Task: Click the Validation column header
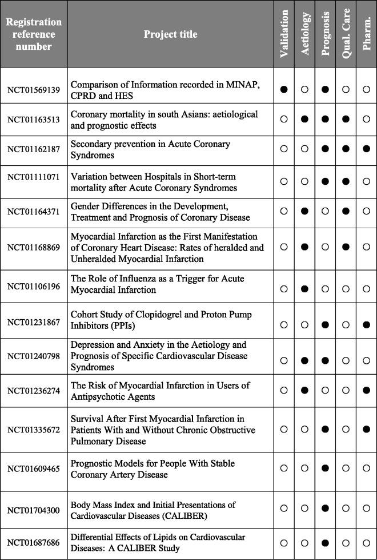point(284,34)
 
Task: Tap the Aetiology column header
point(305,34)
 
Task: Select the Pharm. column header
point(366,34)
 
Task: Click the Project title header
point(170,34)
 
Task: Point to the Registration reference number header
point(34,34)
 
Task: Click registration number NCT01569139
point(34,90)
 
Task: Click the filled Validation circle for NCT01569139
point(284,90)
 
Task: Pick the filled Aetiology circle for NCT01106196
point(305,289)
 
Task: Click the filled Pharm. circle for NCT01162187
point(366,149)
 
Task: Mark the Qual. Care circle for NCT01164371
point(346,210)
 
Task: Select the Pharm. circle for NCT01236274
point(366,391)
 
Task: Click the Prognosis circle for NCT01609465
point(326,468)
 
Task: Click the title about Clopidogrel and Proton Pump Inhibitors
point(161,320)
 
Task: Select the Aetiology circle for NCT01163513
point(305,119)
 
